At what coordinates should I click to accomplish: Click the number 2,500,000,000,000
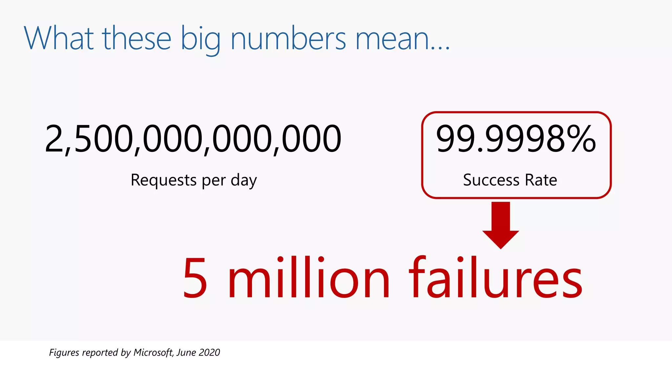[x=193, y=139]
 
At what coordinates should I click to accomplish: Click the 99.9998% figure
[x=515, y=139]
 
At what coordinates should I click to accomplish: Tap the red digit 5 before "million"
[x=195, y=278]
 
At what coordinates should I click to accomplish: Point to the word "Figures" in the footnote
[x=64, y=352]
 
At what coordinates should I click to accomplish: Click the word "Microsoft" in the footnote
[x=153, y=352]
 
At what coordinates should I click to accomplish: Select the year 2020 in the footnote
[x=209, y=352]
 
